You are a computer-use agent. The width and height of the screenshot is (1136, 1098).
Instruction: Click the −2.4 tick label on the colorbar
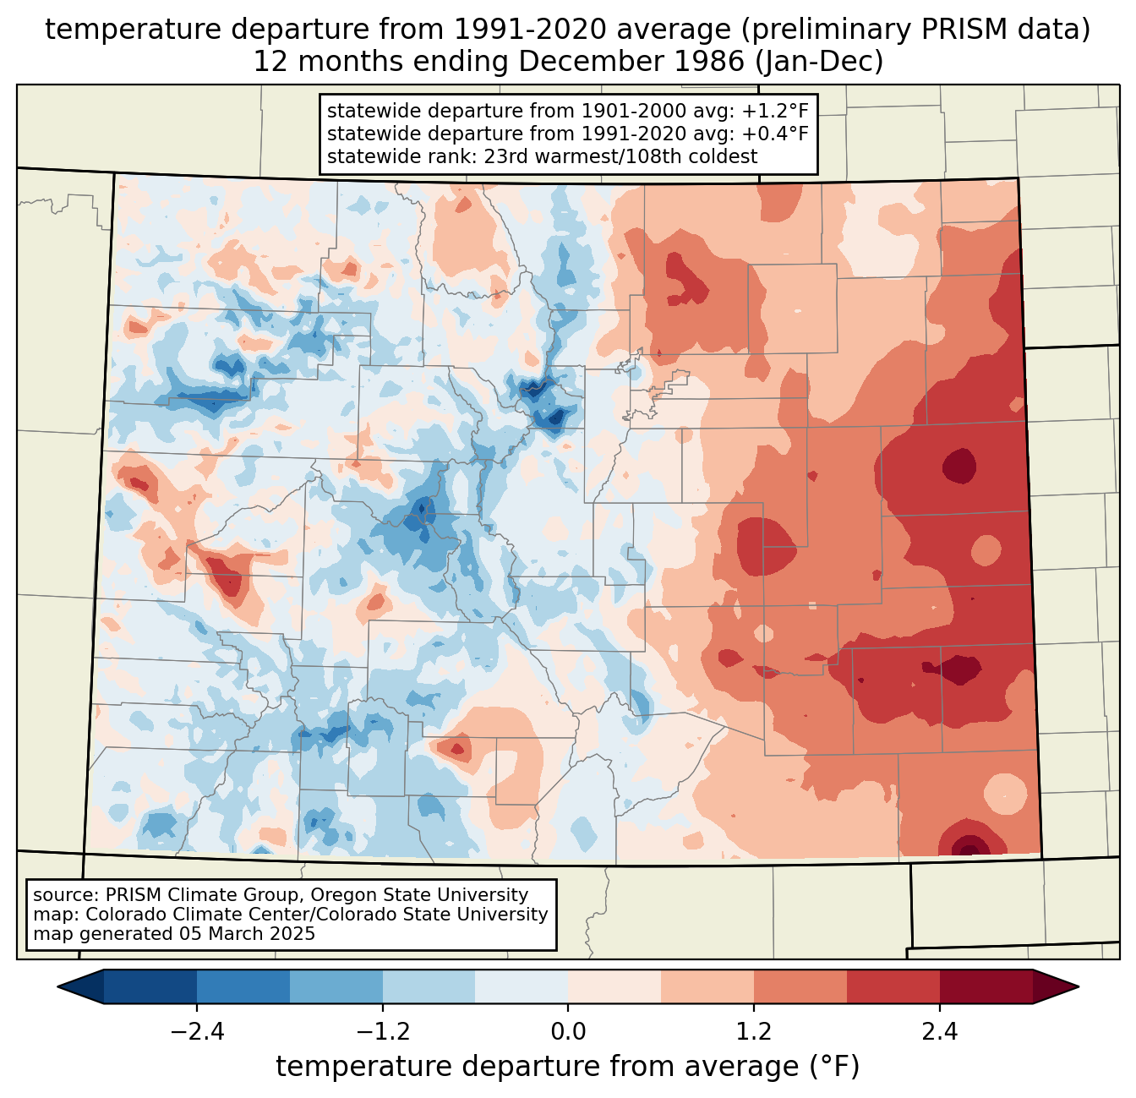click(x=197, y=1032)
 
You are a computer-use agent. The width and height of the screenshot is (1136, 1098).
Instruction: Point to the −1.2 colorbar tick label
click(x=383, y=1032)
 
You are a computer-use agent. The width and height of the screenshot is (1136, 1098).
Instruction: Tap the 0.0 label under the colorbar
click(x=568, y=1032)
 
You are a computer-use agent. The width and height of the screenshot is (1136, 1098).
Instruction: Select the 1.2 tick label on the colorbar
click(x=754, y=1032)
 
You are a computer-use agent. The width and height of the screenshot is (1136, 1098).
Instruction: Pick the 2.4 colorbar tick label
click(x=940, y=1032)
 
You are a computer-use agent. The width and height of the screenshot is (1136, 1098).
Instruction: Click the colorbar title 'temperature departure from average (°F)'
click(x=568, y=1067)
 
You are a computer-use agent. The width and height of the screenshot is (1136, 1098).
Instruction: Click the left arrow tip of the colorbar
click(x=58, y=987)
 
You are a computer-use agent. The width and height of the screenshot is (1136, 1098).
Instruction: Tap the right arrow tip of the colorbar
click(x=1079, y=987)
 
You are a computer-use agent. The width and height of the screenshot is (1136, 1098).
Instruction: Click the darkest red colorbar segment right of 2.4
click(x=986, y=987)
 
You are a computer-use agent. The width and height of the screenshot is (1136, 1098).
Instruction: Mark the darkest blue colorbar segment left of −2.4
click(x=150, y=987)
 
